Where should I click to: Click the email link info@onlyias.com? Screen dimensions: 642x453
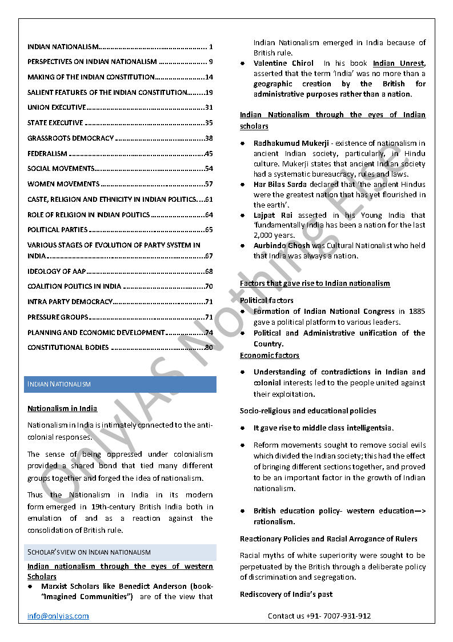point(58,616)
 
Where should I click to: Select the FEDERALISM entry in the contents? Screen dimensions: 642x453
point(47,154)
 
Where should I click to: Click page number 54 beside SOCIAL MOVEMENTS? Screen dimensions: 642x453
point(209,169)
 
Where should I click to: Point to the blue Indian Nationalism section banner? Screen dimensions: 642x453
point(120,384)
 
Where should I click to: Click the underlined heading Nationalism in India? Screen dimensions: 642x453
point(62,409)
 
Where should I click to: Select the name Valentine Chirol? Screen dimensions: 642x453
point(283,63)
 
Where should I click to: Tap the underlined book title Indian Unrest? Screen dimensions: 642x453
point(399,63)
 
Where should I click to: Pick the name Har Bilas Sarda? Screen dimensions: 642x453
point(280,184)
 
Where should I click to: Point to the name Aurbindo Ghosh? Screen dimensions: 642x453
point(282,246)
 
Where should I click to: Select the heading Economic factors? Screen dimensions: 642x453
point(270,356)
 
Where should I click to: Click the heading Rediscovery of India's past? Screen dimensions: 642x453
point(286,595)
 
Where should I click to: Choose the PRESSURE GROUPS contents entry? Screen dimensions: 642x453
point(58,317)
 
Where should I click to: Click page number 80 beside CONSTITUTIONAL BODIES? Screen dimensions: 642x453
point(209,348)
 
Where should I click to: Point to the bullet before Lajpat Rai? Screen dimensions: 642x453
point(243,216)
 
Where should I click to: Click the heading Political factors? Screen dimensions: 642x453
point(267,300)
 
